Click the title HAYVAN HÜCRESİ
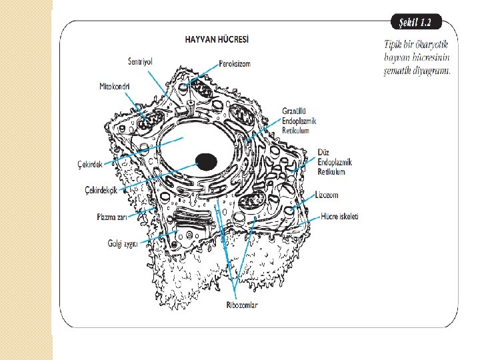tap(217, 40)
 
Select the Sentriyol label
tap(140, 61)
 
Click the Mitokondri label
tap(114, 87)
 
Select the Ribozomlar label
tap(241, 305)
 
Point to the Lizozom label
tap(327, 195)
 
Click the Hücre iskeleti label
tap(339, 217)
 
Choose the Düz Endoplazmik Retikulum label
tap(335, 163)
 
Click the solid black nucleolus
tap(206, 161)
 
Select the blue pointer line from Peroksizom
tap(204, 73)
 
